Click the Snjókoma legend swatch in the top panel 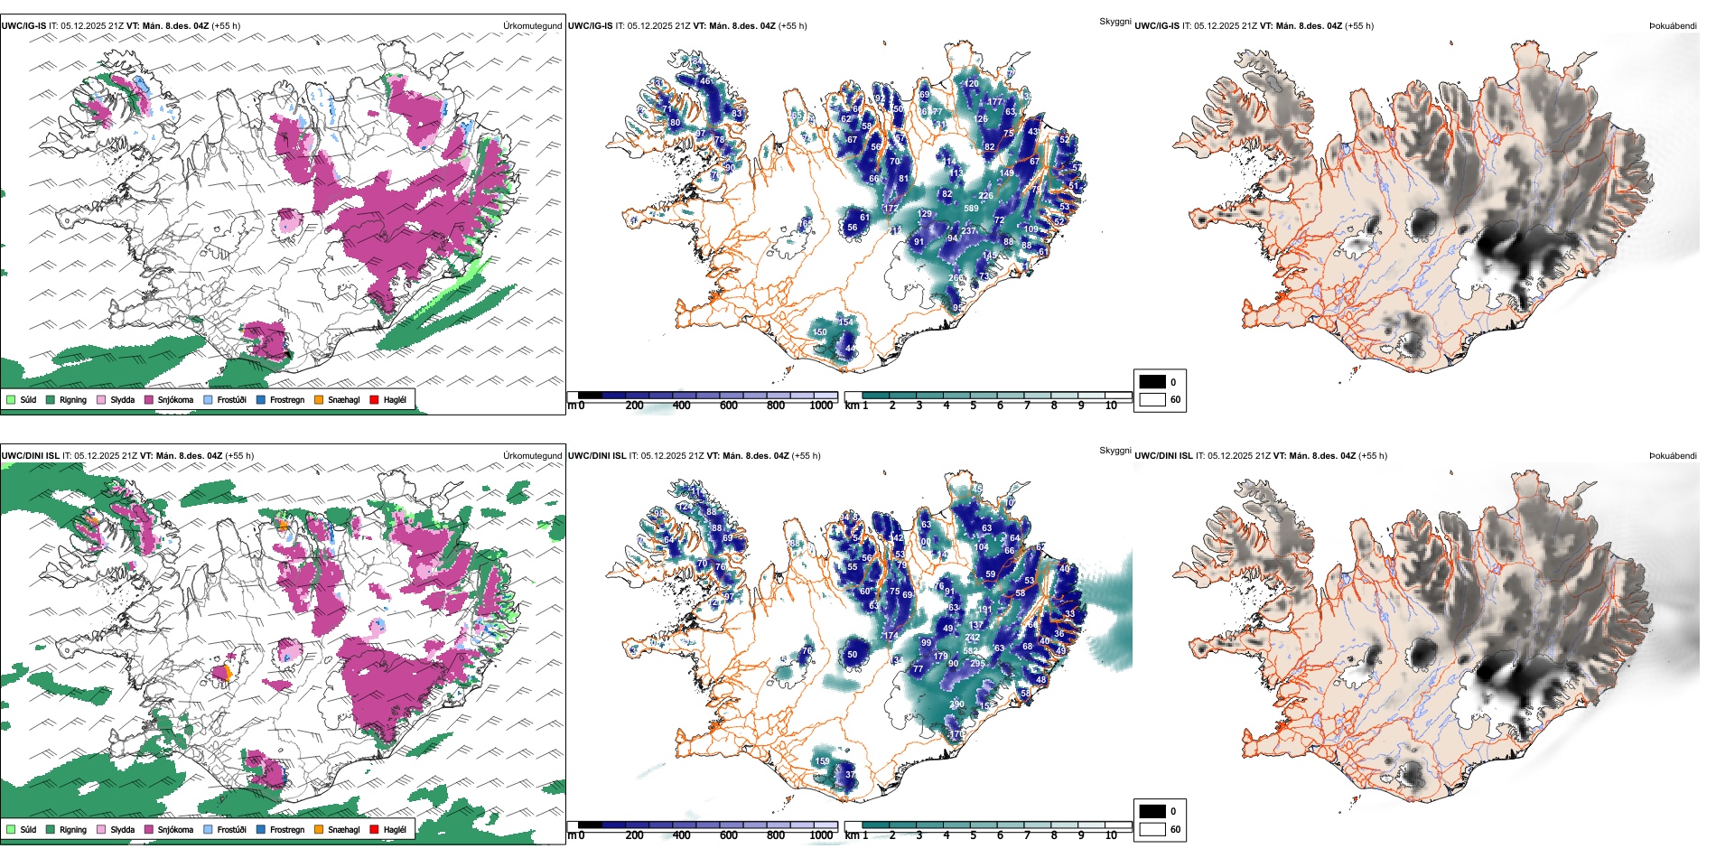pyautogui.click(x=149, y=399)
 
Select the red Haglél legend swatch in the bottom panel pyautogui.click(x=375, y=829)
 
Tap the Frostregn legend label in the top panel pyautogui.click(x=286, y=399)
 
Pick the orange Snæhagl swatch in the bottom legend pyautogui.click(x=319, y=829)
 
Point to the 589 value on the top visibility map pyautogui.click(x=971, y=209)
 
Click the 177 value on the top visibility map pyautogui.click(x=995, y=102)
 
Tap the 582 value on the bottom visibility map pyautogui.click(x=970, y=650)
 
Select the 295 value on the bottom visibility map pyautogui.click(x=977, y=664)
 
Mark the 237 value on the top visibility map pyautogui.click(x=967, y=231)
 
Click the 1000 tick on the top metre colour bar pyautogui.click(x=821, y=406)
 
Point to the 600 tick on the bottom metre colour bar pyautogui.click(x=729, y=835)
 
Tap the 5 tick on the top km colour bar pyautogui.click(x=973, y=406)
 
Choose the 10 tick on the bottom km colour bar pyautogui.click(x=1111, y=835)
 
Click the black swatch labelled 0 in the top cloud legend pyautogui.click(x=1152, y=382)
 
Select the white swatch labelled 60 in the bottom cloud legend pyautogui.click(x=1152, y=829)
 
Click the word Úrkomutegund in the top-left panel pyautogui.click(x=532, y=26)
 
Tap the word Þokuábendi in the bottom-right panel pyautogui.click(x=1673, y=456)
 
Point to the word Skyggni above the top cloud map pyautogui.click(x=1114, y=22)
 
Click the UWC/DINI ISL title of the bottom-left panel pyautogui.click(x=30, y=456)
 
